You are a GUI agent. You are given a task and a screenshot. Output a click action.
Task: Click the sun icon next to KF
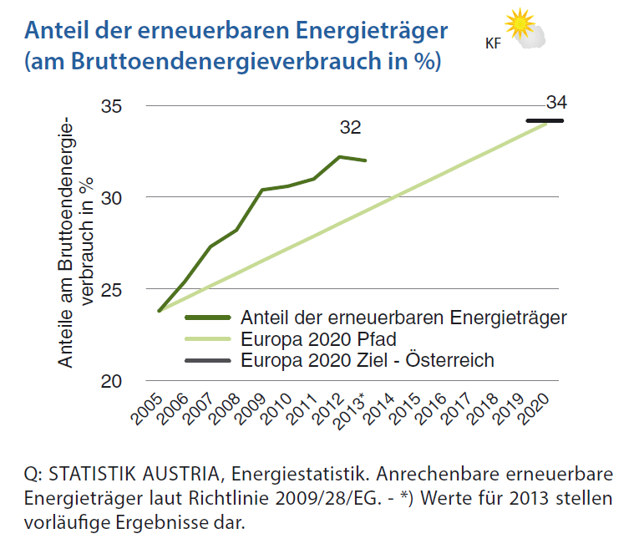520,24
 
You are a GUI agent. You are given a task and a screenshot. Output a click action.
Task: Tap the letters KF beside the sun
493,43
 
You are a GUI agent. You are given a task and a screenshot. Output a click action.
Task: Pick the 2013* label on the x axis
352,409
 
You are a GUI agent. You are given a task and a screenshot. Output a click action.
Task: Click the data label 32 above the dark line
350,128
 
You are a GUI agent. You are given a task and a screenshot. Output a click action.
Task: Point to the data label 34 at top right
556,103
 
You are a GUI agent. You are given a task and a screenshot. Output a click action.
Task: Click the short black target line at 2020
545,121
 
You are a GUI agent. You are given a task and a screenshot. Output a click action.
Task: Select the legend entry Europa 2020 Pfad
317,339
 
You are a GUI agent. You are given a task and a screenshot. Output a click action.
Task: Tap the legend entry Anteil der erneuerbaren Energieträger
403,318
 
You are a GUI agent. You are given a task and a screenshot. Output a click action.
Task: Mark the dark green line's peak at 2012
339,156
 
